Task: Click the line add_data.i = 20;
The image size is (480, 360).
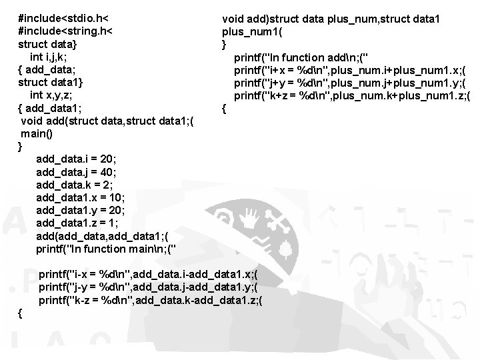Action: pyautogui.click(x=77, y=159)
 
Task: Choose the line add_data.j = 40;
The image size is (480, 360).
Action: pyautogui.click(x=77, y=172)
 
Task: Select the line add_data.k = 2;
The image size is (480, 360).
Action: pyautogui.click(x=74, y=185)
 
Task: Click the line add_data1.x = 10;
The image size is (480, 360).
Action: pyautogui.click(x=80, y=198)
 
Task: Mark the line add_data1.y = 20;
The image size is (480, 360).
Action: pyautogui.click(x=80, y=211)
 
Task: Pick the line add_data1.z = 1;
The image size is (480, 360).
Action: pyautogui.click(x=77, y=223)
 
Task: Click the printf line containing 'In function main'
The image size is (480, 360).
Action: pyautogui.click(x=107, y=249)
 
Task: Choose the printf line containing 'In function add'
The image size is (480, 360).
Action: pyautogui.click(x=303, y=57)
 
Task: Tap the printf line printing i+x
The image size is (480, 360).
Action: pyautogui.click(x=350, y=70)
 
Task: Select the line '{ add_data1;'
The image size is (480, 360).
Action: pyautogui.click(x=51, y=108)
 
